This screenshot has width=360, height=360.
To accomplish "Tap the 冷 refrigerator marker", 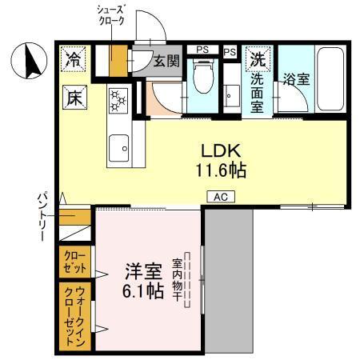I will click(73, 59).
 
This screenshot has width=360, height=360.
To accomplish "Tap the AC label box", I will click(220, 196).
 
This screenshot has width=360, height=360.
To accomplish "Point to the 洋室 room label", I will click(142, 271).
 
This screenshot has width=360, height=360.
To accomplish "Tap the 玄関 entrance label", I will click(166, 62).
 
